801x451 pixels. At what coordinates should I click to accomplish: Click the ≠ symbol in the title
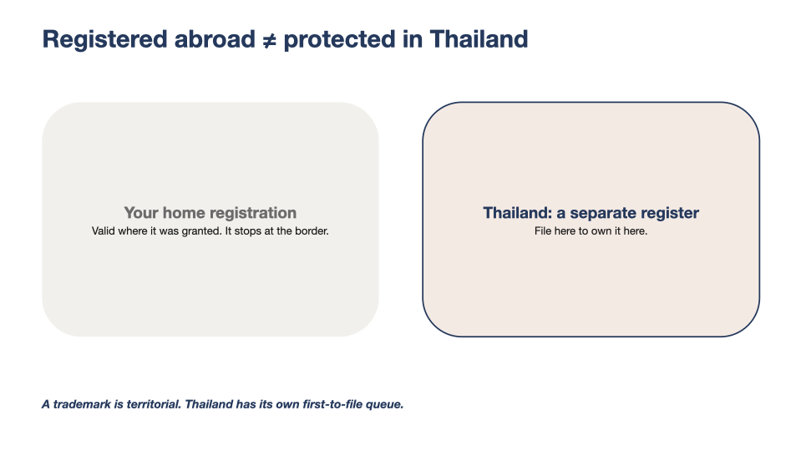tap(269, 40)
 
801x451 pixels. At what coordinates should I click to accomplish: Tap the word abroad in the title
tap(215, 39)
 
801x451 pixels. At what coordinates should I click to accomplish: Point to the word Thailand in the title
tap(479, 39)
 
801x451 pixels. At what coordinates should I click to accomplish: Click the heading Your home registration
tap(210, 213)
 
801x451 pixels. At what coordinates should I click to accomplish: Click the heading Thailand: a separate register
tap(591, 213)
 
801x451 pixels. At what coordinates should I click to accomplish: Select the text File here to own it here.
tap(591, 231)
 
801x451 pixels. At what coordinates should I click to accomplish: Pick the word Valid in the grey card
tap(104, 231)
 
